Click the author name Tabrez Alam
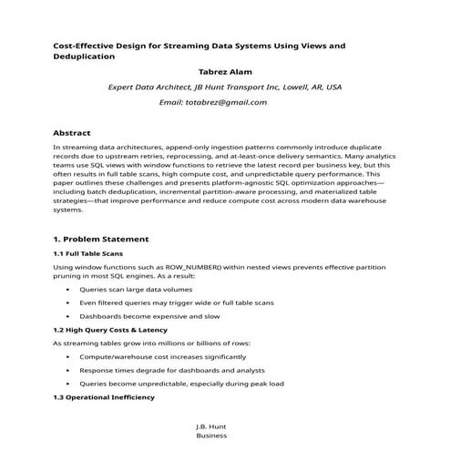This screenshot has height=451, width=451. pyautogui.click(x=225, y=70)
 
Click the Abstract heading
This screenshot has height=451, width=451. pyautogui.click(x=72, y=132)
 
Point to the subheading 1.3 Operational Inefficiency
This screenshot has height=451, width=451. pyautogui.click(x=104, y=397)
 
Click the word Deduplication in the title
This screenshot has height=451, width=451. pyautogui.click(x=84, y=56)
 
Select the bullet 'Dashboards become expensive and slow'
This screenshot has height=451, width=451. pyautogui.click(x=149, y=315)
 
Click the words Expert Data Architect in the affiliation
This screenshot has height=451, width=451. pyautogui.click(x=150, y=87)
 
